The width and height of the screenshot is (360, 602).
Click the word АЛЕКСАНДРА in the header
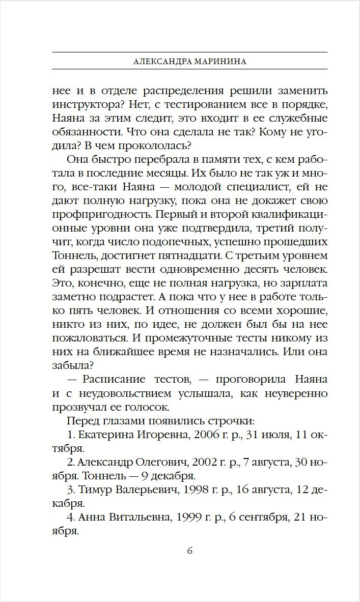(160, 61)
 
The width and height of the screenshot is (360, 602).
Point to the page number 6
(189, 550)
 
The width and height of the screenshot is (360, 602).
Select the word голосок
(154, 408)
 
